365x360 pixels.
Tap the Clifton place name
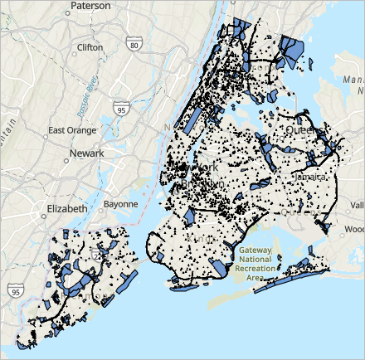tap(90, 47)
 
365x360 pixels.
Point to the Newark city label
tap(87, 153)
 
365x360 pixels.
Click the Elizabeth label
tap(66, 210)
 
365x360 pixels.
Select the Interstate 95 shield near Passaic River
tap(123, 108)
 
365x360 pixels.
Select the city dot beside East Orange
tap(45, 130)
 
